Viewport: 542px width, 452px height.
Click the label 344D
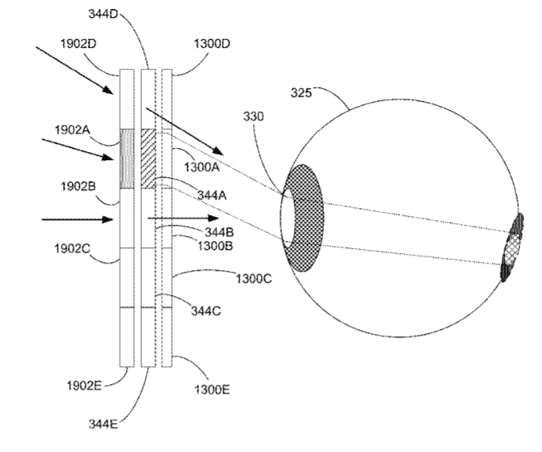tap(103, 15)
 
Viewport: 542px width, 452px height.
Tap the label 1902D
tap(78, 44)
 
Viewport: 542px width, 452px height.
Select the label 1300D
tap(212, 44)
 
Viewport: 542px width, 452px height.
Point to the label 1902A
tap(72, 130)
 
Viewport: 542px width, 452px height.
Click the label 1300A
tap(202, 167)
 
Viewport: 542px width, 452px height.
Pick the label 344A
tap(212, 196)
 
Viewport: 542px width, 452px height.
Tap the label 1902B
tap(78, 187)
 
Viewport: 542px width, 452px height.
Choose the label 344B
tap(219, 232)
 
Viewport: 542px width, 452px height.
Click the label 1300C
tap(254, 278)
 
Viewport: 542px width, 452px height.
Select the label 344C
tap(206, 311)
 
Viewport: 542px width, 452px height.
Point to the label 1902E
tap(84, 386)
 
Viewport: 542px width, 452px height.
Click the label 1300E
tap(212, 390)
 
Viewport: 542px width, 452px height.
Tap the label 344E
tap(103, 424)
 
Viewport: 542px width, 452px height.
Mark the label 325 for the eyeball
tap(301, 93)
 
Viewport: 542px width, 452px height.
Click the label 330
tap(254, 116)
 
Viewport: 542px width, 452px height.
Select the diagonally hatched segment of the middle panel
tap(149, 158)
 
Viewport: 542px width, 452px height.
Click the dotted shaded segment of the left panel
tap(127, 158)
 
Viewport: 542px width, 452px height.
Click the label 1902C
tap(72, 248)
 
